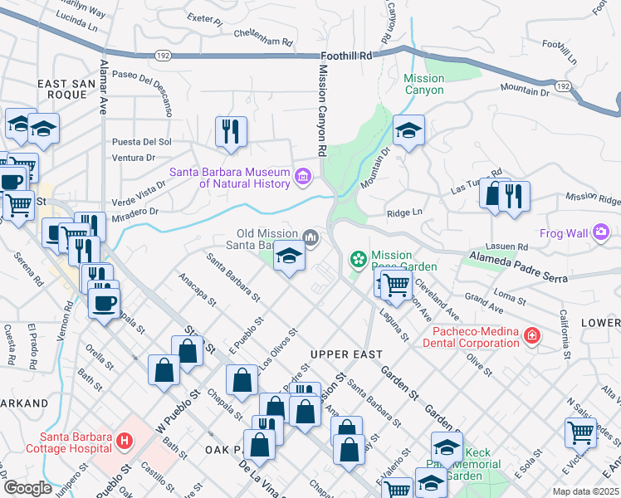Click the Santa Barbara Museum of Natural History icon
click(302, 174)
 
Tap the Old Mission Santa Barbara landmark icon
click(311, 238)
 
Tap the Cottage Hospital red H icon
click(125, 439)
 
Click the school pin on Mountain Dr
click(408, 131)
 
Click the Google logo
click(28, 487)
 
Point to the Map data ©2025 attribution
click(585, 491)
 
